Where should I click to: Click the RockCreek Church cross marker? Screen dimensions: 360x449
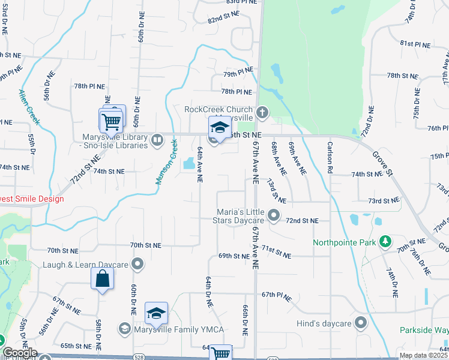coord(262,112)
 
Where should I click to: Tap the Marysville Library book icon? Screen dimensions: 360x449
coord(157,140)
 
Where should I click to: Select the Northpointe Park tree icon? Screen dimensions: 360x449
coord(385,242)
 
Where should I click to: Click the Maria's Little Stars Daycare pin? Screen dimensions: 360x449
coord(274,214)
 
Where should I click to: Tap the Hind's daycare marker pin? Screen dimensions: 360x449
coord(361,323)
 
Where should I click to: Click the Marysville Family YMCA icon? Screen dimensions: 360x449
coord(124,328)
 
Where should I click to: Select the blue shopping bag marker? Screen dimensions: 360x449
coord(103,278)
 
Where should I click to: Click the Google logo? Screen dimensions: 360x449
coord(20,353)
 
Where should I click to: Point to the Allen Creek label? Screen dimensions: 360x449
coord(29,107)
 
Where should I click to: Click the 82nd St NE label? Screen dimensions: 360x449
coord(223,20)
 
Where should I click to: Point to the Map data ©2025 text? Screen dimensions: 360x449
coord(423,355)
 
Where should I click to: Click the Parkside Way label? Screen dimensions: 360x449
coord(424,331)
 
